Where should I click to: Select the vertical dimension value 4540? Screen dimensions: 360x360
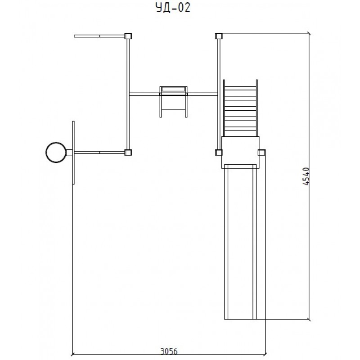coord(306,176)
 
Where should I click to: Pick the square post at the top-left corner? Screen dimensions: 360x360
coord(128,36)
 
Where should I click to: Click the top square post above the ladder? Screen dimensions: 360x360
coord(219,36)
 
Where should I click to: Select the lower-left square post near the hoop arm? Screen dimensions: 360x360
coord(128,152)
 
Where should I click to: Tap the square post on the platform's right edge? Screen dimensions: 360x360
coord(261,152)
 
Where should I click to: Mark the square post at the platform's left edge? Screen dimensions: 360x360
coord(219,152)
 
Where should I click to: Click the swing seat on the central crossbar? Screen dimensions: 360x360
coord(173,90)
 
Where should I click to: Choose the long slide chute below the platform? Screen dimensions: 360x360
coord(240,243)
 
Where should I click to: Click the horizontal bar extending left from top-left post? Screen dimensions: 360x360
coord(99,35)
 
